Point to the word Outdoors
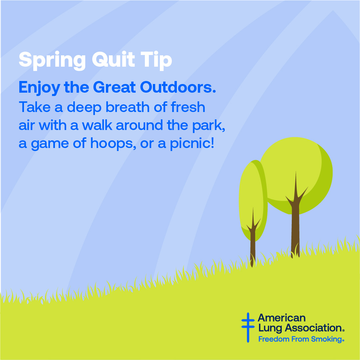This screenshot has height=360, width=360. [178, 87]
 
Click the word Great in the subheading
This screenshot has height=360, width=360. [114, 87]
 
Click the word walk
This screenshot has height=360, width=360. [97, 125]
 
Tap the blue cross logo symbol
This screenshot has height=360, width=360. [248, 327]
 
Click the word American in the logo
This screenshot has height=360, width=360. [282, 318]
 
